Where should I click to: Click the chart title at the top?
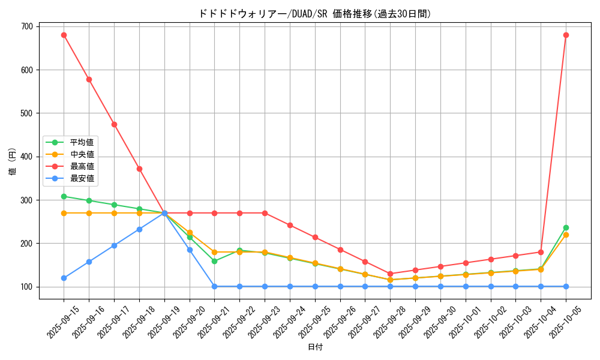[x=314, y=14]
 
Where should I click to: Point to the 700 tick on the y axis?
[x=27, y=26]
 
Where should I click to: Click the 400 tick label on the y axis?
[x=27, y=157]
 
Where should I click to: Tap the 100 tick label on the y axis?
[x=27, y=287]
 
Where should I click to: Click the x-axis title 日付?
[x=315, y=347]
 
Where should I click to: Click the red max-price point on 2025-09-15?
[x=64, y=35]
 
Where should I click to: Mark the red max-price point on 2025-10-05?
[x=566, y=35]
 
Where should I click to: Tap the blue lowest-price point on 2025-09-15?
[x=64, y=278]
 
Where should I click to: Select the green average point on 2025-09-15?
[x=64, y=196]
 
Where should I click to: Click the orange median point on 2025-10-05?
[x=566, y=235]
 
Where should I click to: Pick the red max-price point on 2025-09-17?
[x=114, y=124]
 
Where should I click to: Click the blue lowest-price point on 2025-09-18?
[x=139, y=229]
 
